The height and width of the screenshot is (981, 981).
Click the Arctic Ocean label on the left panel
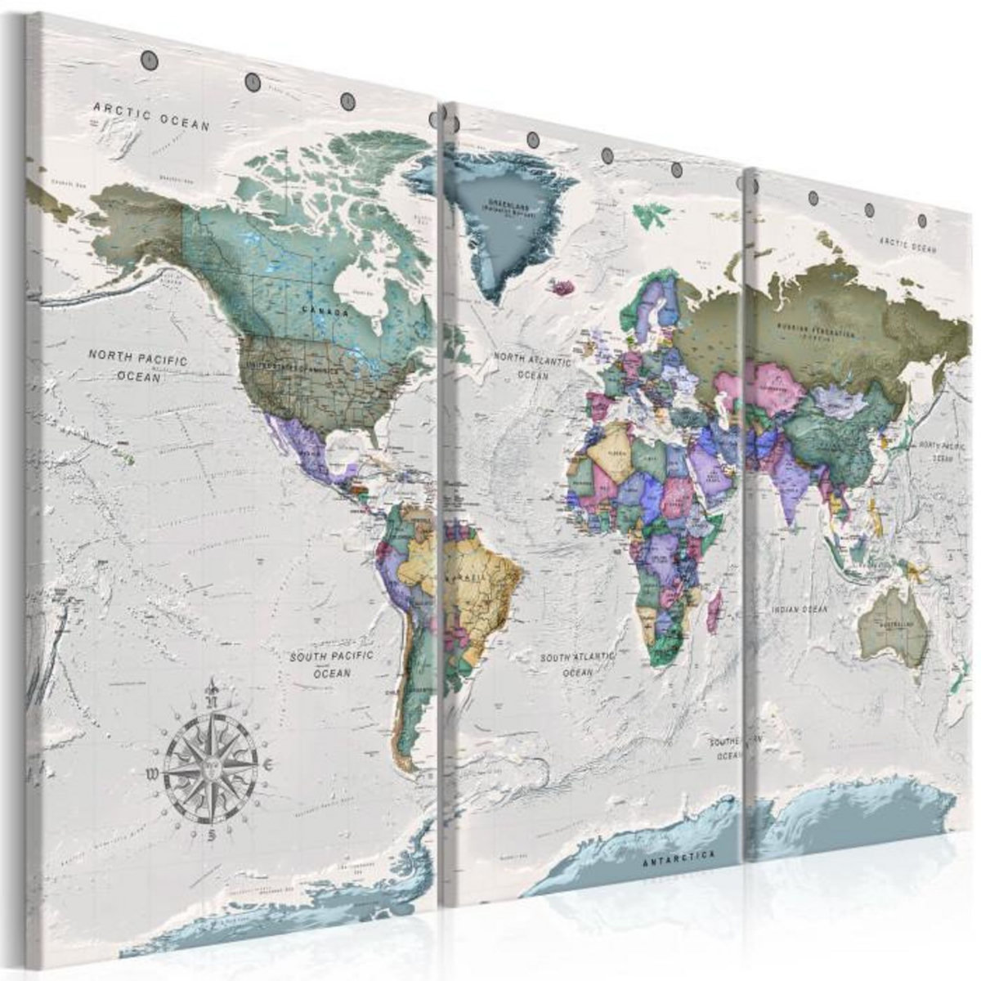[152, 116]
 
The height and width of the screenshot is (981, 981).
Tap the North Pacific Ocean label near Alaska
[138, 366]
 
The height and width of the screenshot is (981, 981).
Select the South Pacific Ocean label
[332, 664]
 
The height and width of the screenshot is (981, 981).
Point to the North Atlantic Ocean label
[533, 365]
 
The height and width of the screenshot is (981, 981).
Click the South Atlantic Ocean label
[577, 664]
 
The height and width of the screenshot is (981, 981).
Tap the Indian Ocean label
[800, 609]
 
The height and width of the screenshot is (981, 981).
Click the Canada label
[325, 311]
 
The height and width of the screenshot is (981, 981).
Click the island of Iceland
[564, 287]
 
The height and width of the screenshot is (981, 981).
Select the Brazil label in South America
[468, 576]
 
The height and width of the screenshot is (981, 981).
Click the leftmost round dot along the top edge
[150, 60]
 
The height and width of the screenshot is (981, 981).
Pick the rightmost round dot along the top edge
[923, 220]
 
